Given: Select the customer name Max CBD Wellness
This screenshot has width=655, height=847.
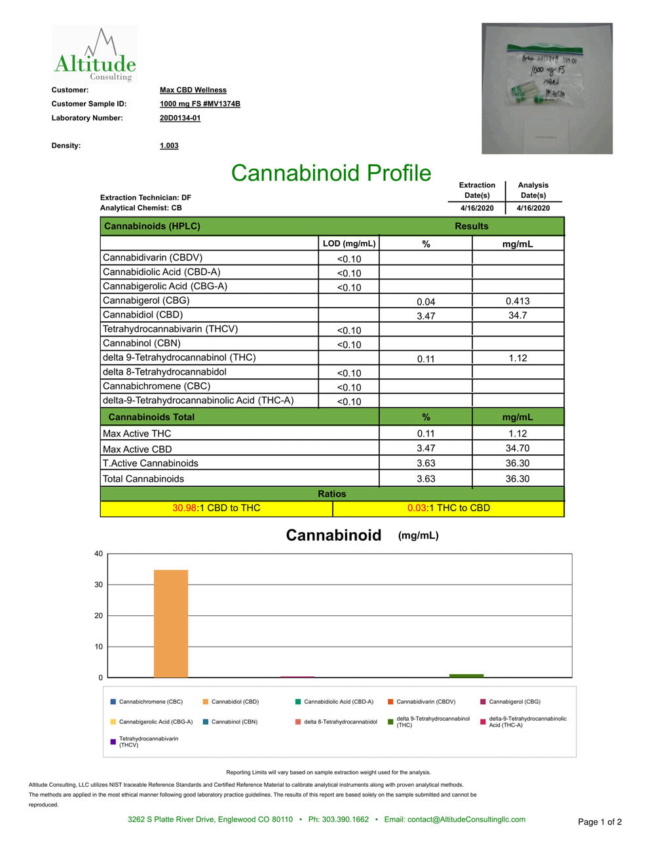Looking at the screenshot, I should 193,90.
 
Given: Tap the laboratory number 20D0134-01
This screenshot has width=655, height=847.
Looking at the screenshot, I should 180,118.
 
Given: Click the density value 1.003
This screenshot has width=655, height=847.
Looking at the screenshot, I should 169,146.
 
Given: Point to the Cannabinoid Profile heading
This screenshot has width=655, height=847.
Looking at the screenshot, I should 331,173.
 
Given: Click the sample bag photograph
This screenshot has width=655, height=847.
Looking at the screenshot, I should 547,88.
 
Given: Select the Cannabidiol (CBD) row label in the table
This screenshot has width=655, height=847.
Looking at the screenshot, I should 143,315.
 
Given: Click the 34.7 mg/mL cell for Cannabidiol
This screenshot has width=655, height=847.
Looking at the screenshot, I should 517,315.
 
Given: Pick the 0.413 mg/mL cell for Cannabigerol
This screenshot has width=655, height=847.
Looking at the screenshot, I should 517,301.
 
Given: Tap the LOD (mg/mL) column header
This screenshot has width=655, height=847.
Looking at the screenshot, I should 349,243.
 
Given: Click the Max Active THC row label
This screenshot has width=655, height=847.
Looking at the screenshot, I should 137,433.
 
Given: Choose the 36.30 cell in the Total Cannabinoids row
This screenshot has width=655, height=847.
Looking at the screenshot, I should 517,478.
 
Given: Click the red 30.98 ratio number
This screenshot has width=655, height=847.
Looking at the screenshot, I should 184,508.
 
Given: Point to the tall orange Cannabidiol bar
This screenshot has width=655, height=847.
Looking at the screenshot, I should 171,623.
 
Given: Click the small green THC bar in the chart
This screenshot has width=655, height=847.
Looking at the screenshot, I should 466,676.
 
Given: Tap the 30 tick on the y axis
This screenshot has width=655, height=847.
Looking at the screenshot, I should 99,585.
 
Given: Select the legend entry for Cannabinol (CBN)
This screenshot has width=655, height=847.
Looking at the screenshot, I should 234,722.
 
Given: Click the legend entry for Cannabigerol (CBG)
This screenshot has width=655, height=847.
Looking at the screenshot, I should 514,702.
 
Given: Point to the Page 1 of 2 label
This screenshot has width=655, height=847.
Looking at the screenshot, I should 599,822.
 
